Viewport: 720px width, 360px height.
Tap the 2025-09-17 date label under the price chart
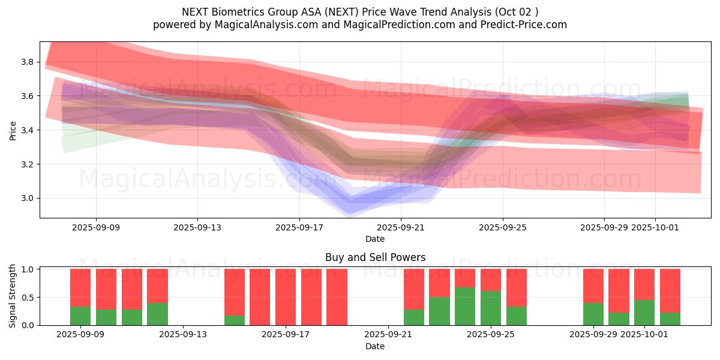pos(299,228)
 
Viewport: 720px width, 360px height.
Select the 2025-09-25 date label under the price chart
pos(503,228)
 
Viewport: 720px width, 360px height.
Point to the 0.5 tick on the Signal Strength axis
pos(28,298)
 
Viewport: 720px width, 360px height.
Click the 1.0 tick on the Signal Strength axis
pos(28,269)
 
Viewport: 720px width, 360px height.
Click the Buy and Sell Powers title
pos(375,257)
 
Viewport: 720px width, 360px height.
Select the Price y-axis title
pos(13,130)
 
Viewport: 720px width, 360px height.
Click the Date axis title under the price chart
pos(375,239)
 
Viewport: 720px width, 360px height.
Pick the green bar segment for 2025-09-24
pos(465,306)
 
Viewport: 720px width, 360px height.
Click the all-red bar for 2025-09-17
pos(286,297)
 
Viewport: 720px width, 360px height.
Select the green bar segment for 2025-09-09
pos(80,316)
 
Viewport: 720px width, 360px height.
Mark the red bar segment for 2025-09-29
pos(593,286)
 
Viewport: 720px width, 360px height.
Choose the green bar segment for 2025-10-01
pos(644,313)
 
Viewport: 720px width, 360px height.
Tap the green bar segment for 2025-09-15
pos(235,320)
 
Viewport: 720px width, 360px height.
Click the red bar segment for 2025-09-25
pos(491,280)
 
